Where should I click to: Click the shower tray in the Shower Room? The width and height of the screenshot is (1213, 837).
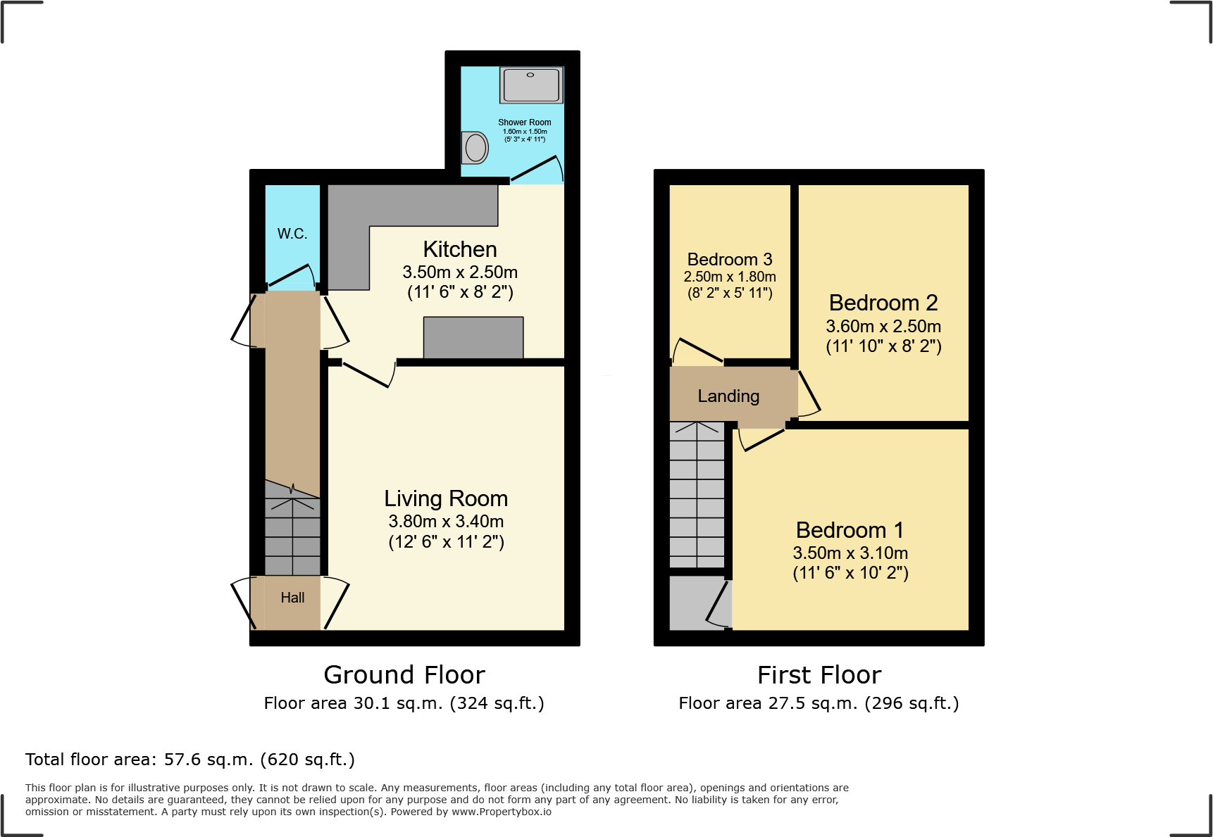(x=531, y=85)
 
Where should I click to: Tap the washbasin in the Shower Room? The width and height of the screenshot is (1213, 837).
(x=475, y=148)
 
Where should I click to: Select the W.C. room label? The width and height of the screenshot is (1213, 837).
(x=292, y=234)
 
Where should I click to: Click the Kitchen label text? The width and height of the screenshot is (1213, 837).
(x=460, y=249)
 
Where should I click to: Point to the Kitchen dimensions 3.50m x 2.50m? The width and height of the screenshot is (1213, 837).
(x=460, y=272)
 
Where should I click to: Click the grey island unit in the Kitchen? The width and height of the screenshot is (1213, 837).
(x=473, y=338)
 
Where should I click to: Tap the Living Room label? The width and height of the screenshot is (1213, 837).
(x=446, y=498)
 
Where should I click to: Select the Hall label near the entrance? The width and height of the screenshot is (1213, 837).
(x=292, y=598)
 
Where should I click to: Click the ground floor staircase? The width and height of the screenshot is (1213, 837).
(x=292, y=535)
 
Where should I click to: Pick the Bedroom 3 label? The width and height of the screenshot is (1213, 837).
(x=730, y=260)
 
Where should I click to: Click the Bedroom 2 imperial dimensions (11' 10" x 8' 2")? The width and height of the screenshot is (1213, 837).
(x=883, y=346)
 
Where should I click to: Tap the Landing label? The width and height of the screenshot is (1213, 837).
(x=728, y=396)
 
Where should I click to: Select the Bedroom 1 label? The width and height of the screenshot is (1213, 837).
(x=850, y=530)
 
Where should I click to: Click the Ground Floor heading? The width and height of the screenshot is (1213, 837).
(x=404, y=675)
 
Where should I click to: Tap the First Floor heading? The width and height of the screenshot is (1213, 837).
(x=819, y=675)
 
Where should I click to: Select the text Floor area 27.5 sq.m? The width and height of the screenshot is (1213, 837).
(x=768, y=703)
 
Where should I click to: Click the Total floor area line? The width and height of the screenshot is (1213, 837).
(x=190, y=760)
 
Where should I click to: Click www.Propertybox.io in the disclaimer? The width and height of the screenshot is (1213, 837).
(x=501, y=812)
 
